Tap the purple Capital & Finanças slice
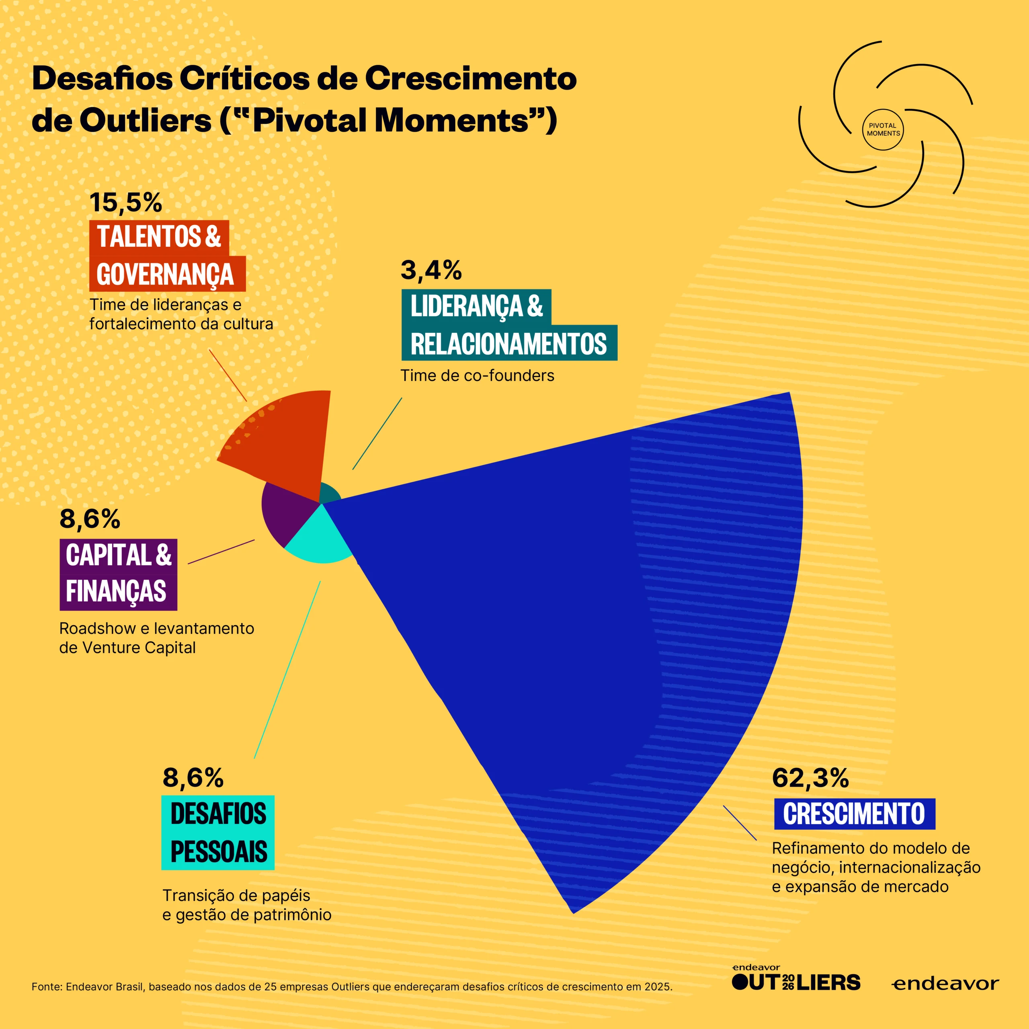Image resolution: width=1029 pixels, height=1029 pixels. tap(285, 511)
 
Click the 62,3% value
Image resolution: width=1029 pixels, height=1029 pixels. tap(810, 778)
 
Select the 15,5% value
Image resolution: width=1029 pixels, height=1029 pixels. tap(126, 203)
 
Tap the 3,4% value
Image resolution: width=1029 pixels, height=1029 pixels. tap(431, 271)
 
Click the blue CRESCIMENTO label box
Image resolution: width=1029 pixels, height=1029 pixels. tap(854, 814)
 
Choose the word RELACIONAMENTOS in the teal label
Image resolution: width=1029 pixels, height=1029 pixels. tap(508, 344)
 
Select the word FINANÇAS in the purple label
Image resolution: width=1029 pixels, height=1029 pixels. tap(116, 591)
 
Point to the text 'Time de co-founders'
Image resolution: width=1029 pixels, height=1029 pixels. tap(477, 376)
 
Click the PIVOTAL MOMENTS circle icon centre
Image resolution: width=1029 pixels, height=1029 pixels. tap(883, 129)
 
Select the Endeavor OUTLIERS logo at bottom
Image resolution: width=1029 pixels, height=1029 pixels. tap(796, 981)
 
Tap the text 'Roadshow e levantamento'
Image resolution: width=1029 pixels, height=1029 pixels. tap(157, 629)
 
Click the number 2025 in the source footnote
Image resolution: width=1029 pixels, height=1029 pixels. tap(657, 986)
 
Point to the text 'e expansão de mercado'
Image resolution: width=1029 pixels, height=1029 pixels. tap(860, 887)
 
